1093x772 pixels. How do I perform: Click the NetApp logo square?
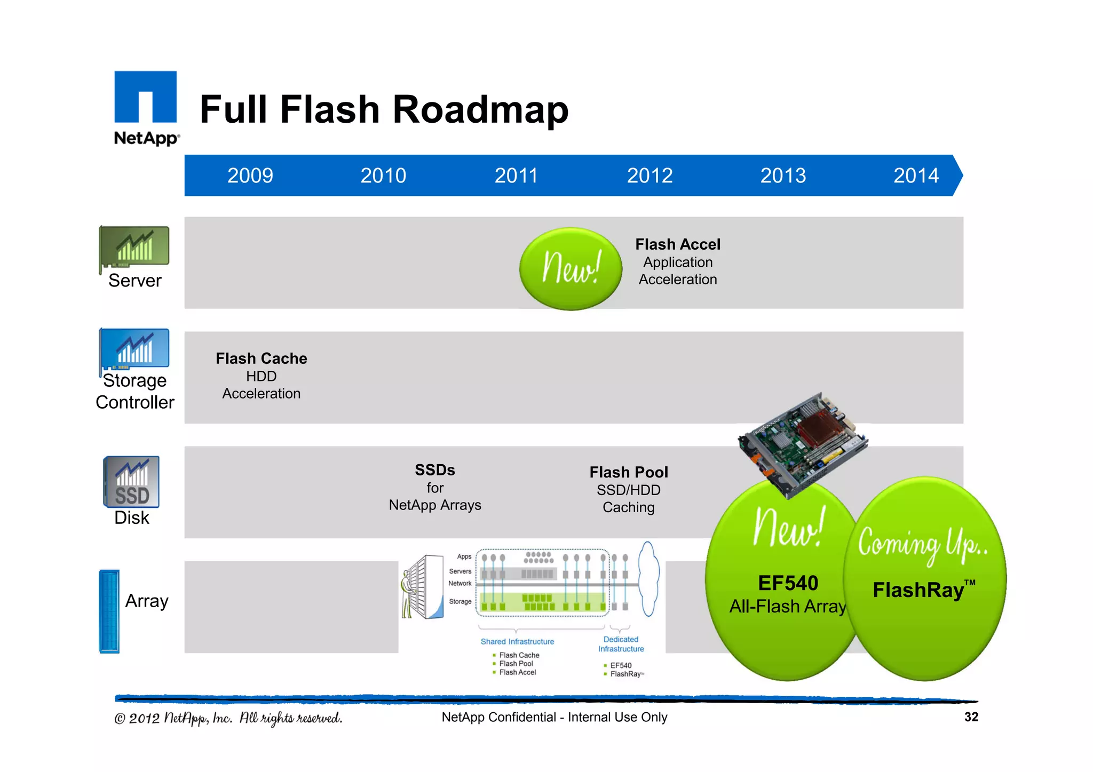tap(145, 97)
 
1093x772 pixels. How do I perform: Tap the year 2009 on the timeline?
tap(250, 176)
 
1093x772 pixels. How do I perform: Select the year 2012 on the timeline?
tap(650, 176)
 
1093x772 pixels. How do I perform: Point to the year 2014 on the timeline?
tap(916, 176)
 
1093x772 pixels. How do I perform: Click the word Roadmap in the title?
tap(480, 109)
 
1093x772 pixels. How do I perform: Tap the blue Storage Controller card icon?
tap(134, 348)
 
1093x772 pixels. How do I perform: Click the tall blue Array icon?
tap(109, 611)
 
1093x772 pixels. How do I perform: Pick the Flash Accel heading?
tap(678, 244)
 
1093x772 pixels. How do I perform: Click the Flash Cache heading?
tap(261, 359)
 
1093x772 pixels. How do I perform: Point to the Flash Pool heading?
tap(629, 472)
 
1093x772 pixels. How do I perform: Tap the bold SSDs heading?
tap(435, 470)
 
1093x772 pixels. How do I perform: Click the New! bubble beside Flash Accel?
tap(571, 268)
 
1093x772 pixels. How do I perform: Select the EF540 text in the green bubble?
tap(788, 583)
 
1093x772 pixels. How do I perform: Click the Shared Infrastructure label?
tap(517, 642)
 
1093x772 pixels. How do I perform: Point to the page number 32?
tap(971, 717)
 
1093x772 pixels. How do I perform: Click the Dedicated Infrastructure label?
tap(621, 644)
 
